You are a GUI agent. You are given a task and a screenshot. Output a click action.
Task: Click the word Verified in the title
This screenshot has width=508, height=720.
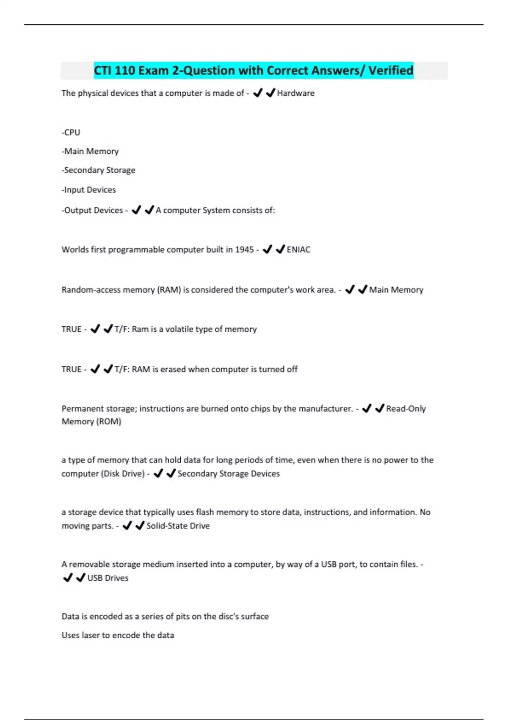point(390,70)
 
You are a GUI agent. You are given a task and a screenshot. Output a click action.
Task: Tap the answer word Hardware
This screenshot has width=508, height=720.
point(295,93)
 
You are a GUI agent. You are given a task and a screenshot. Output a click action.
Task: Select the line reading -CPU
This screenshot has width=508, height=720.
point(71,133)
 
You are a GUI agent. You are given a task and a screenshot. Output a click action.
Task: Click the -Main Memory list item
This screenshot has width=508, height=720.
point(90,151)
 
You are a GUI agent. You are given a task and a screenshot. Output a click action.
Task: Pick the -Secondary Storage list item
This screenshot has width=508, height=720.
point(99,170)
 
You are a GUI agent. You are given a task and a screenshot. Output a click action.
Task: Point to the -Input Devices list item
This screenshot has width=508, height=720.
point(89,190)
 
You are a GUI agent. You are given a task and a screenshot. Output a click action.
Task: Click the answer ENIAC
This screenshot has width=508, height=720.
point(298,250)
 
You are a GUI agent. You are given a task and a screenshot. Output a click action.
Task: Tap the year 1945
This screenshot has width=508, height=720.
point(244,250)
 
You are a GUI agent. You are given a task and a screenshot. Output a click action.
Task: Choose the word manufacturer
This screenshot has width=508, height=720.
point(326,409)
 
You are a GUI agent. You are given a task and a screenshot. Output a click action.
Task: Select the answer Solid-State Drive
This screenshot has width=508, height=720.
point(178,526)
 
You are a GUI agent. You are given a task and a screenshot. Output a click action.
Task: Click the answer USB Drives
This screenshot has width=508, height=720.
point(108,578)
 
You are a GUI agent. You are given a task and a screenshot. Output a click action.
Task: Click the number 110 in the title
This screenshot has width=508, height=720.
point(125,70)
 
